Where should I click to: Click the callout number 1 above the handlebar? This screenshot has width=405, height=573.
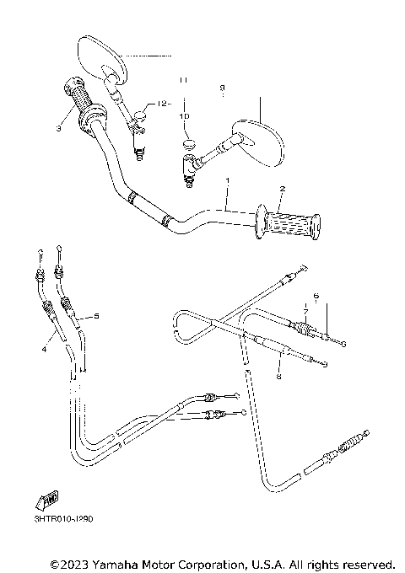tap(226, 181)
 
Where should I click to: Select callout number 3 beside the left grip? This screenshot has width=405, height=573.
tap(58, 129)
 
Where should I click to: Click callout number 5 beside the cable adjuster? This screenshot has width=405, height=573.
tap(97, 316)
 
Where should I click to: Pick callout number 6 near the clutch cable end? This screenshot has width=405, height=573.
tap(315, 297)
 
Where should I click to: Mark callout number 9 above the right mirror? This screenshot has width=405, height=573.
tap(222, 87)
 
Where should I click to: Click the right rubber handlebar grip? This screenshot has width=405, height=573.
tap(292, 224)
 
